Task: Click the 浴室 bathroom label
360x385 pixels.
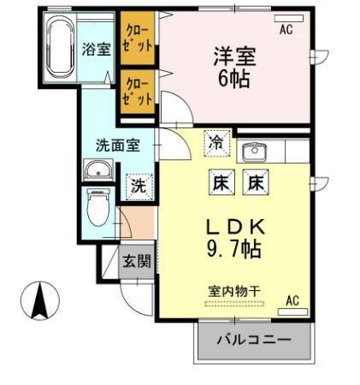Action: [x=95, y=49]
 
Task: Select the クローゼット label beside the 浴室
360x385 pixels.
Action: [x=136, y=38]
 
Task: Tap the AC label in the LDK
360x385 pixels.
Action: [x=292, y=300]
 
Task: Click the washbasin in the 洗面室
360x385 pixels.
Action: [x=97, y=170]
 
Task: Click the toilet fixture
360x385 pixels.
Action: [x=99, y=205]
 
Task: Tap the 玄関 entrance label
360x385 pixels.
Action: [x=136, y=260]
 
